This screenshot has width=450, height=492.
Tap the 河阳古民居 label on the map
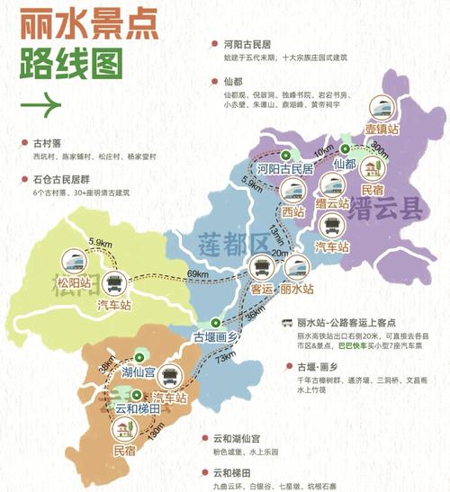pos(286,168)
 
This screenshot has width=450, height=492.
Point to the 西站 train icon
pos(292,190)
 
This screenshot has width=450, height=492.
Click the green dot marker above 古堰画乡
pos(214,322)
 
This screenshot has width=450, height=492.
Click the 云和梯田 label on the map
pos(139,407)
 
